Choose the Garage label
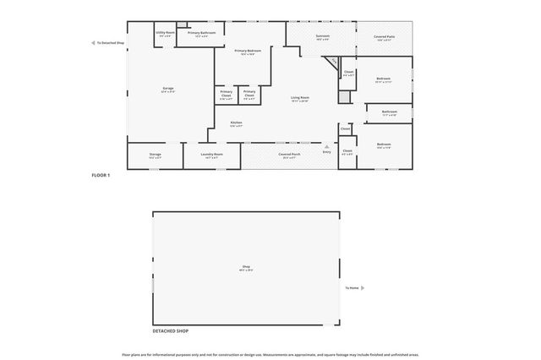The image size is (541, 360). tap(168, 88)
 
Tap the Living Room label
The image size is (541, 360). tap(299, 99)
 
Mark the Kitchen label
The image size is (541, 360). tap(237, 123)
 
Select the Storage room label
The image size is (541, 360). tap(156, 155)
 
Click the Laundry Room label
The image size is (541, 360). tap(211, 155)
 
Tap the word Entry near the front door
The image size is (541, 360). tap(327, 152)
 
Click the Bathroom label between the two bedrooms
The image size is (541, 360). tap(389, 112)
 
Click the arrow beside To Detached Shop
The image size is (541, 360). tap(94, 41)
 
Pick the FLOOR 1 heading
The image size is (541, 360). tap(101, 175)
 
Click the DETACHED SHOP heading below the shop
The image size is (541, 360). tap(170, 330)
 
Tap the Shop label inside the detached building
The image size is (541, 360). tap(246, 268)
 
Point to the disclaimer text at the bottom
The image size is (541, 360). tap(270, 354)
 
